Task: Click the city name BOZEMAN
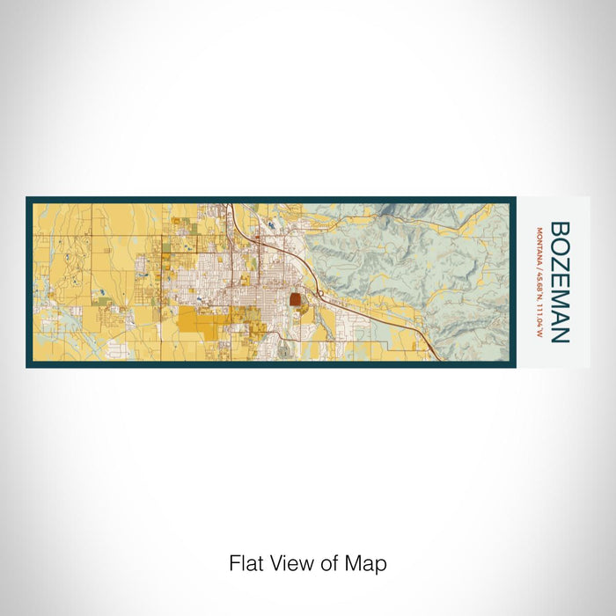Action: pyautogui.click(x=560, y=282)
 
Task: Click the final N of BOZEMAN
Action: pyautogui.click(x=560, y=334)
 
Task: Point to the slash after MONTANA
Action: pyautogui.click(x=538, y=261)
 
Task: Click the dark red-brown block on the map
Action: pyautogui.click(x=296, y=299)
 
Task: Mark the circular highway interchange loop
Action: pyautogui.click(x=322, y=293)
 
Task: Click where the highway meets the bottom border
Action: pyautogui.click(x=437, y=360)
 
